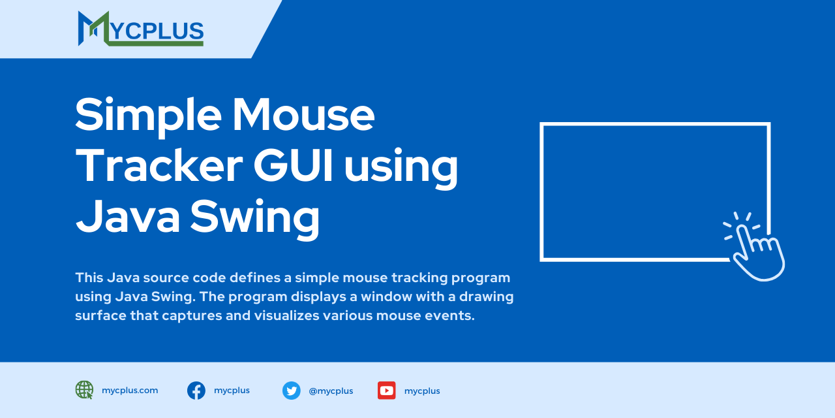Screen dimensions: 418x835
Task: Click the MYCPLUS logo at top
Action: (x=140, y=29)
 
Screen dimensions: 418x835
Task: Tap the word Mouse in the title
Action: (x=303, y=114)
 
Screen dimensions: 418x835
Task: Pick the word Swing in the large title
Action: (x=254, y=217)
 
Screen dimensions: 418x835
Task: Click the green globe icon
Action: (x=84, y=390)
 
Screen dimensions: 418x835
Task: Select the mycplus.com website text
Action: (x=130, y=391)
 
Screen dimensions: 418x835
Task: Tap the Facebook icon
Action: (x=196, y=391)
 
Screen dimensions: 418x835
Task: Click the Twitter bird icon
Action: (x=291, y=391)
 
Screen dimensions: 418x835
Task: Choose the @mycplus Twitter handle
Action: (x=331, y=391)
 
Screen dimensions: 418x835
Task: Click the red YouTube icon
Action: (x=386, y=391)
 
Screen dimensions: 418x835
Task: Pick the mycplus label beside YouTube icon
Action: (x=422, y=391)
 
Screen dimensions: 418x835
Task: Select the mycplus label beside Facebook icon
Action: (x=232, y=391)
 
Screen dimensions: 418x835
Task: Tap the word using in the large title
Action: (x=401, y=167)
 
